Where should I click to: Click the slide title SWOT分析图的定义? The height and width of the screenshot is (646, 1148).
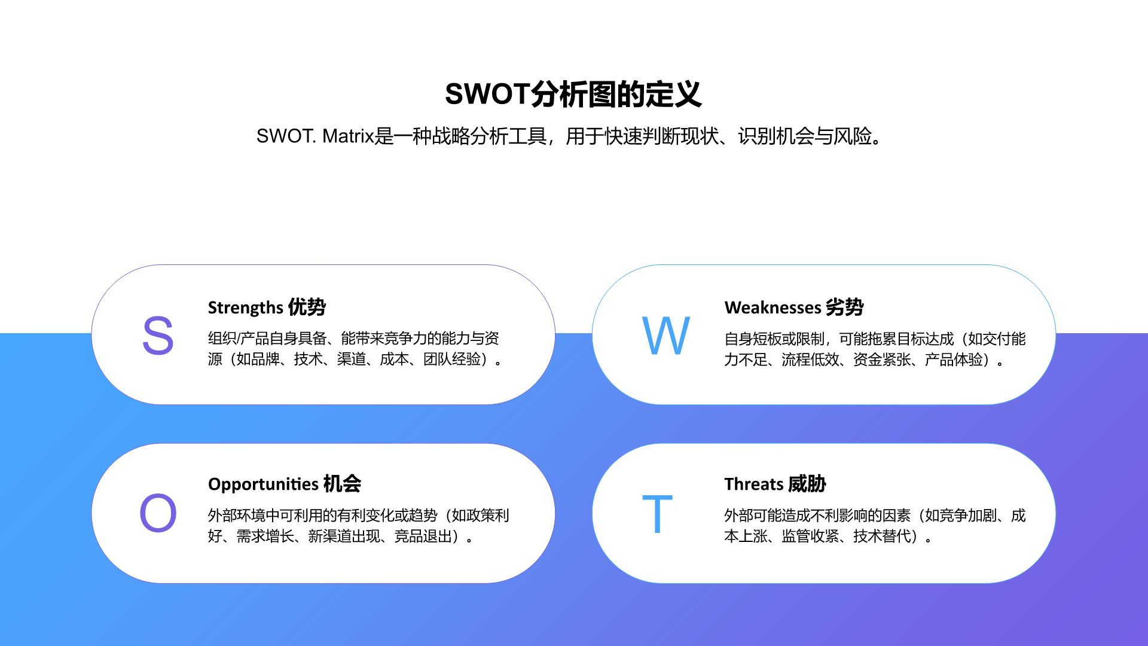click(x=573, y=95)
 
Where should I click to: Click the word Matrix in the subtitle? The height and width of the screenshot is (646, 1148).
click(x=348, y=136)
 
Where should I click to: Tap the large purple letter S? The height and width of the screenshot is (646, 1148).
click(x=158, y=336)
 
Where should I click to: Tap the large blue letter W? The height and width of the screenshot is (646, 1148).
click(x=666, y=336)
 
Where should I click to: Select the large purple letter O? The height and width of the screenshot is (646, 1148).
click(x=158, y=513)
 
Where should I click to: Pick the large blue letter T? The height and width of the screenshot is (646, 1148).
click(x=657, y=513)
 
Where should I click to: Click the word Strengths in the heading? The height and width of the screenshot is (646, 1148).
click(x=245, y=307)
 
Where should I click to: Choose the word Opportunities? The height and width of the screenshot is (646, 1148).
click(x=263, y=484)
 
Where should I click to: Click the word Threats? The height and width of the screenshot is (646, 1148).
click(x=753, y=484)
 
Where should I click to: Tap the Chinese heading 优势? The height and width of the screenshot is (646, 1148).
click(x=307, y=307)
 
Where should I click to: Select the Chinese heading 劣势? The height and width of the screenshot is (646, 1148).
click(x=844, y=307)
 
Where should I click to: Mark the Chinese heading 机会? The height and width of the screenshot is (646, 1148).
click(x=342, y=484)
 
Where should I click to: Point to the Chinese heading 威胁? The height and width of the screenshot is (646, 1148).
click(x=807, y=484)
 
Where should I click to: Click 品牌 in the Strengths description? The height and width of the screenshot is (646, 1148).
click(x=265, y=359)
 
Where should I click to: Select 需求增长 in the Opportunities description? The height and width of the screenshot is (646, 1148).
click(x=265, y=536)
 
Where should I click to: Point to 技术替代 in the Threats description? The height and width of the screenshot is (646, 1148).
click(x=882, y=536)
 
